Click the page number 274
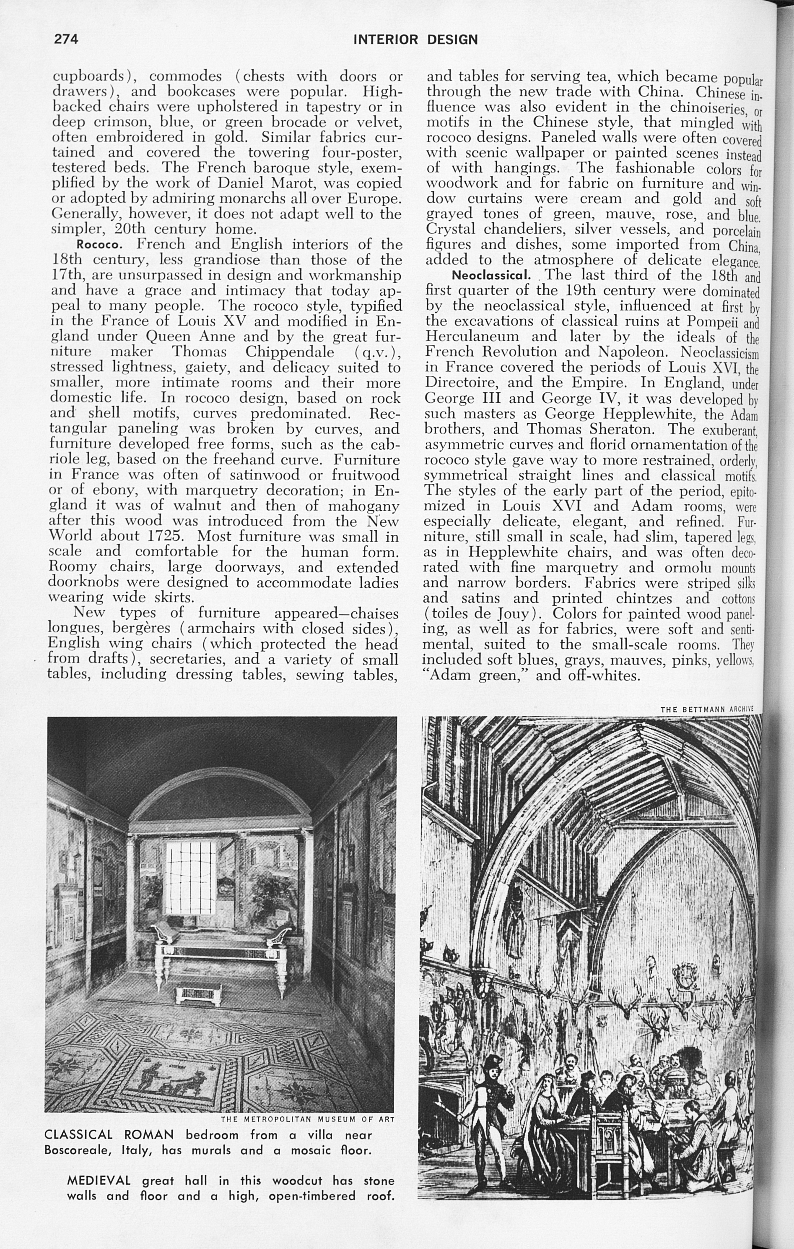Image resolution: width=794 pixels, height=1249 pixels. pyautogui.click(x=66, y=39)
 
